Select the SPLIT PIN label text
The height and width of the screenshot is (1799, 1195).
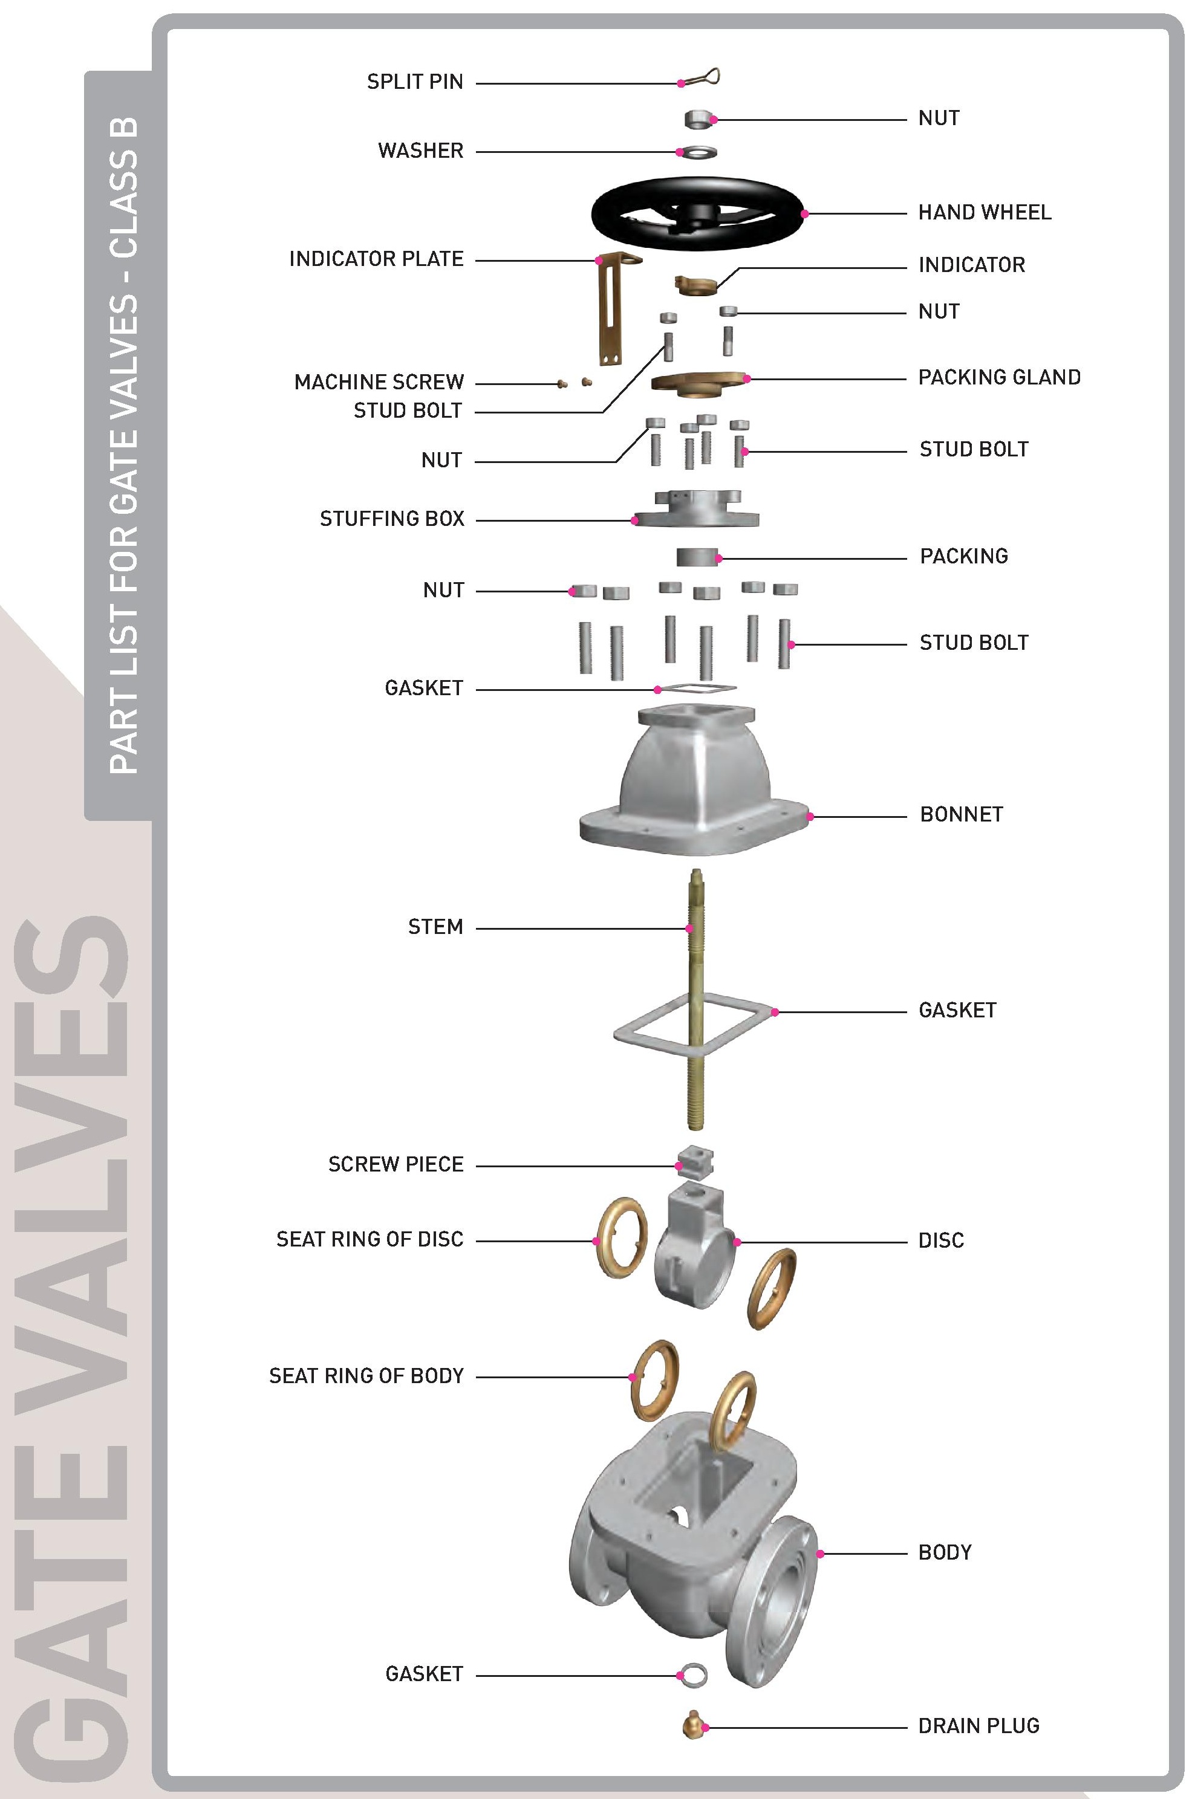(x=415, y=82)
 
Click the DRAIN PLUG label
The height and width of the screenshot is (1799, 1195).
(x=978, y=1725)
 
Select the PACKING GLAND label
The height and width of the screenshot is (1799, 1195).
(x=999, y=378)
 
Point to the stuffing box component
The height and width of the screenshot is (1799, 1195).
(x=697, y=508)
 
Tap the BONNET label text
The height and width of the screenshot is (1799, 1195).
(x=961, y=814)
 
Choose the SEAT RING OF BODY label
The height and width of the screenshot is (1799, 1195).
(x=366, y=1375)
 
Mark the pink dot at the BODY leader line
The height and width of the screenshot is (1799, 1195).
(x=820, y=1554)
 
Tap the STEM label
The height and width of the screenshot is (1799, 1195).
(x=435, y=927)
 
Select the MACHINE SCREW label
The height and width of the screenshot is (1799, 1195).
(x=379, y=381)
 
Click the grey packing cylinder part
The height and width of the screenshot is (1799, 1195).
(x=697, y=557)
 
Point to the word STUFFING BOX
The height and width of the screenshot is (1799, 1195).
(x=392, y=519)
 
